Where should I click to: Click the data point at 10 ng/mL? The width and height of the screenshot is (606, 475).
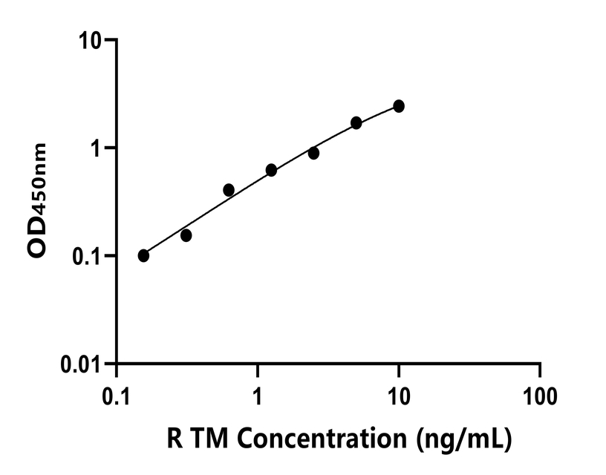point(399,106)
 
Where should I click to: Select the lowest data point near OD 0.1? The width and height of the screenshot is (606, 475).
point(143,255)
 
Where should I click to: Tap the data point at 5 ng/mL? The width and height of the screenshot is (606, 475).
point(356,122)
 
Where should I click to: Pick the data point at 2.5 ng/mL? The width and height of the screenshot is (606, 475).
point(313,153)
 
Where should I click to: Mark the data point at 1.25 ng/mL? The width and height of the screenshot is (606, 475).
point(271,170)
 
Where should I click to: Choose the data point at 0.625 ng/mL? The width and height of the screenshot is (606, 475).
point(229,190)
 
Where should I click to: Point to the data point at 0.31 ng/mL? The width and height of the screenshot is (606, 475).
point(186,235)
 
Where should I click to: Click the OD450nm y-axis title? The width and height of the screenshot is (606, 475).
point(37,201)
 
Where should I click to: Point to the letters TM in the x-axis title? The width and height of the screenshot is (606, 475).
point(213,439)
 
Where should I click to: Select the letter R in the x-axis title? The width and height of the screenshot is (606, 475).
point(175,439)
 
